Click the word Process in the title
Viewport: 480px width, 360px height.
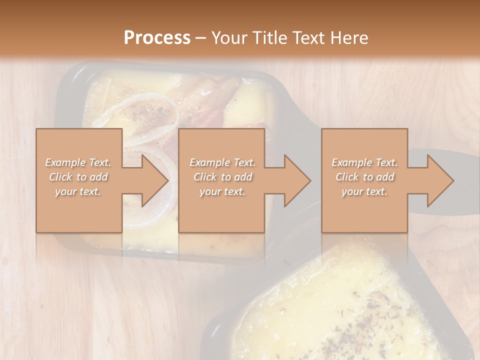[x=157, y=37]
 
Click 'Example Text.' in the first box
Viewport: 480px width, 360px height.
[x=78, y=162]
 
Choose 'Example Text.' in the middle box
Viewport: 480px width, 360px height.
[x=222, y=162]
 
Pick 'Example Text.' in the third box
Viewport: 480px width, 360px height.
[x=364, y=162]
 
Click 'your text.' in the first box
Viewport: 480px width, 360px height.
[x=78, y=191]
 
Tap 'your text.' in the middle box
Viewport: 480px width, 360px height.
[x=222, y=191]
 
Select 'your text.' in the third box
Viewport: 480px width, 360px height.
[x=364, y=191]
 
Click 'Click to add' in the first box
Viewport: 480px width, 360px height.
[x=78, y=177]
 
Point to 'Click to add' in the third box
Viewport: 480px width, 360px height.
[x=364, y=177]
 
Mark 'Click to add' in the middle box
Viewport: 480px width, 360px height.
[x=222, y=177]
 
